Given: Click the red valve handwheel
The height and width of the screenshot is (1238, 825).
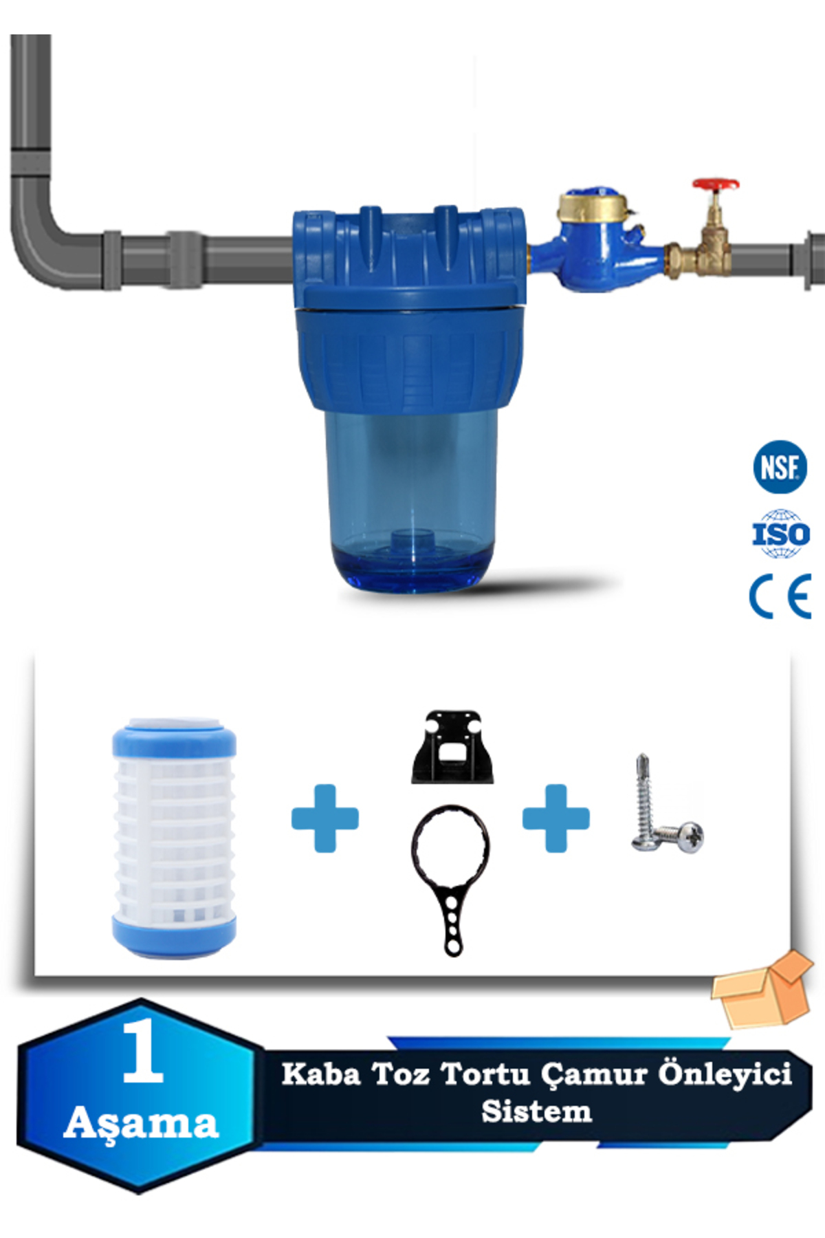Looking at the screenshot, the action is pos(715,185).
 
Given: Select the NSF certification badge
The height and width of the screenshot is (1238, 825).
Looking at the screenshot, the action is pos(780,467).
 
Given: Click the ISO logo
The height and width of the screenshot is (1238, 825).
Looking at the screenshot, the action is pos(780,533).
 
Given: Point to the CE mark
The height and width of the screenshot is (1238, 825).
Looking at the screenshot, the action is pos(780,596).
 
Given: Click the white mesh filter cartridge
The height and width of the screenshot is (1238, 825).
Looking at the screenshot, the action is pos(174,838).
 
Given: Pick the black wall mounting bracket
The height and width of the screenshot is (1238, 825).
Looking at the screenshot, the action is pos(453,747).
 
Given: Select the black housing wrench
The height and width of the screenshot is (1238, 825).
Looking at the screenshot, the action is pos(451,879).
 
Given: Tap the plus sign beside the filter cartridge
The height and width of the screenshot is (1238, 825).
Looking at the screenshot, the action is pos(325,818).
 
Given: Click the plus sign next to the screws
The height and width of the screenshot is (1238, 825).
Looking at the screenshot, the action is pos(556,818).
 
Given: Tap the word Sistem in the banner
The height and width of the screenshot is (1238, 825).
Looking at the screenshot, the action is pos(536,1111).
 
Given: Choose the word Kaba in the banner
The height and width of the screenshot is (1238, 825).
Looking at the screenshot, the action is pos(321,1074).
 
